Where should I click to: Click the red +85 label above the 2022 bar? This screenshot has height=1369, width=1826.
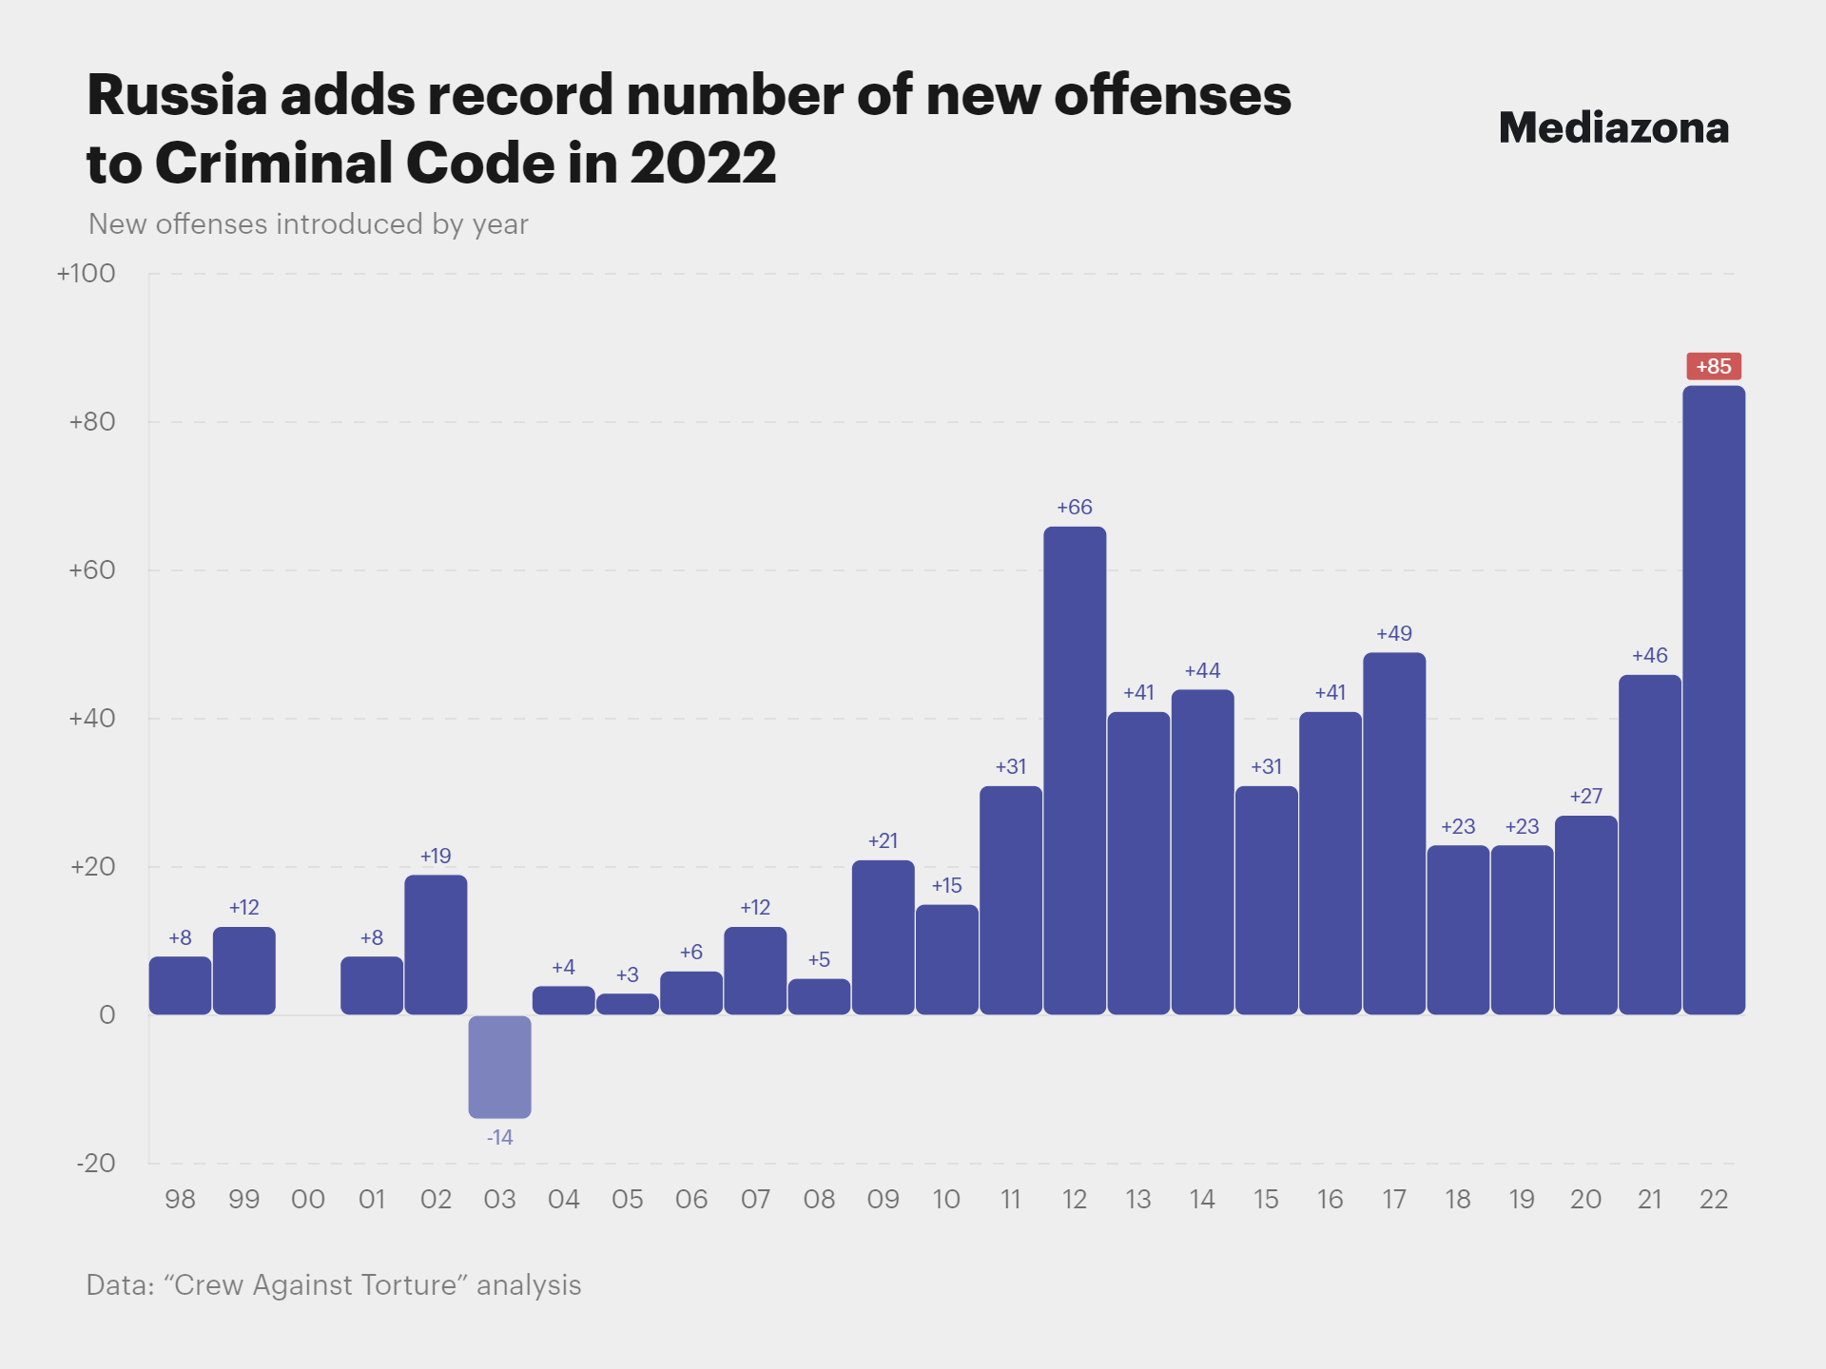point(1713,366)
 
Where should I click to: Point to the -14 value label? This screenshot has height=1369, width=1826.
point(499,1137)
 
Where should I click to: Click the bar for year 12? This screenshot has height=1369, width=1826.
point(1075,770)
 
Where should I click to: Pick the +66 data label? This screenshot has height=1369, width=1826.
point(1075,507)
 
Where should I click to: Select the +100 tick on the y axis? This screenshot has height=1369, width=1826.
point(86,274)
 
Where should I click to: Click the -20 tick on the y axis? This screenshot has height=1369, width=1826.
point(95,1163)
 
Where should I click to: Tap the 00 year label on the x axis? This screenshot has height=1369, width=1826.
point(307,1199)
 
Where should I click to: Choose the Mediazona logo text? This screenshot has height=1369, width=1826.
point(1613,127)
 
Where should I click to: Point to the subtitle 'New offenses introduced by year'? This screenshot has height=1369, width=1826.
point(308,224)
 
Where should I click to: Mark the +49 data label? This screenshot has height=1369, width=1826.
point(1394,633)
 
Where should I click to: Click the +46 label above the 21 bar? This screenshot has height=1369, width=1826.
point(1649,655)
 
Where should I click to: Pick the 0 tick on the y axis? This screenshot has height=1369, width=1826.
point(107,1014)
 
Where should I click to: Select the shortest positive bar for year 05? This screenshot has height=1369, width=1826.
point(627,1004)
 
